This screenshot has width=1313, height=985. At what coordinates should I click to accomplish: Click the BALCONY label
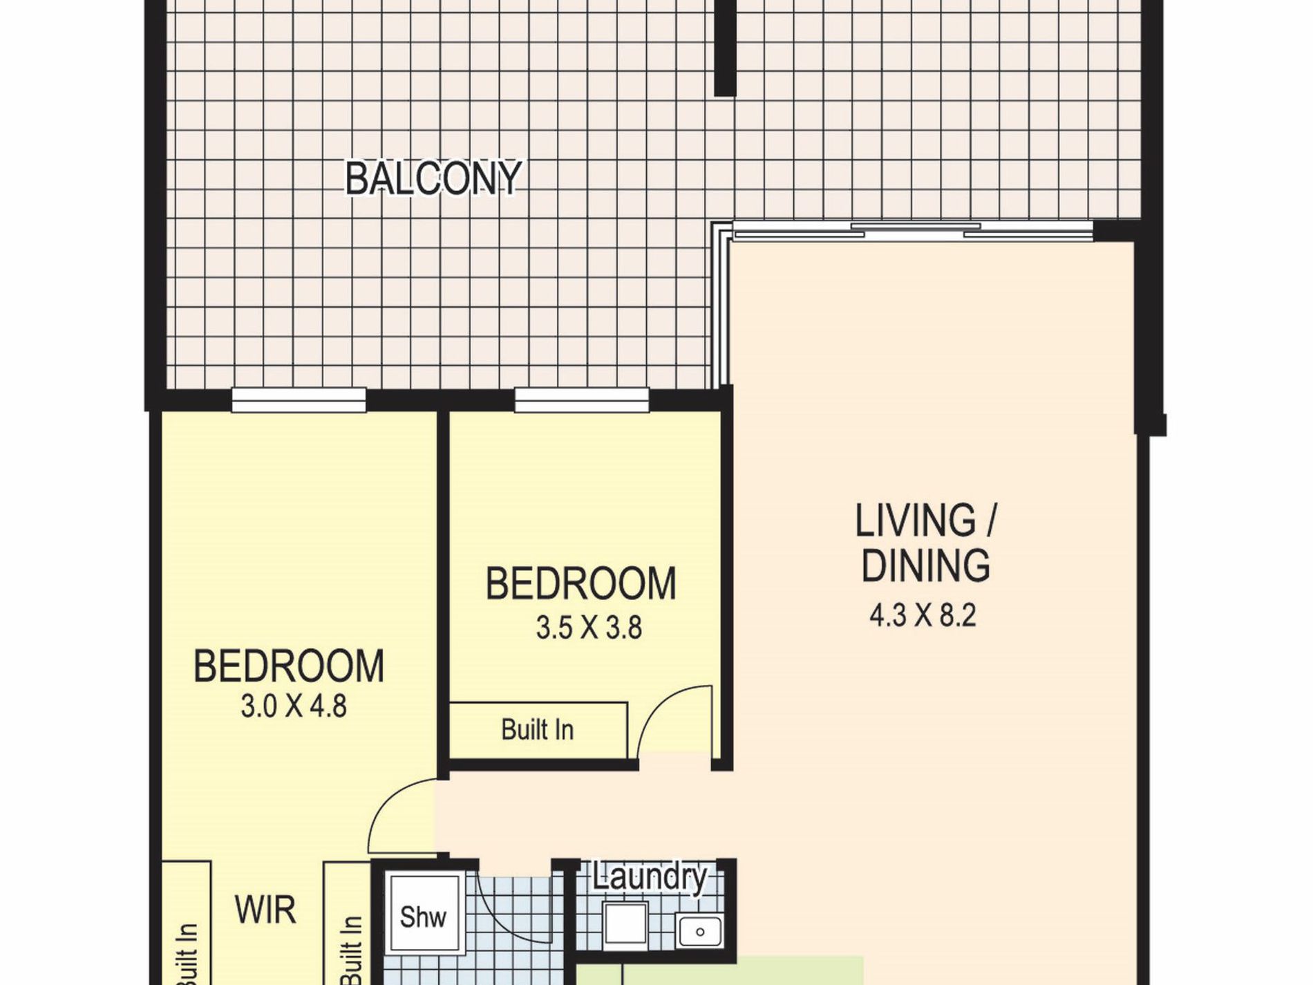(433, 178)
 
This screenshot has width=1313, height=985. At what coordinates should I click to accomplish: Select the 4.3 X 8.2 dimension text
(923, 615)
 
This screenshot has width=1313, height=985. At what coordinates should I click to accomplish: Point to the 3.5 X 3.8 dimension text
(589, 628)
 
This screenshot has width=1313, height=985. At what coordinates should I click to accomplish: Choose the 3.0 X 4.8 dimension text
(294, 706)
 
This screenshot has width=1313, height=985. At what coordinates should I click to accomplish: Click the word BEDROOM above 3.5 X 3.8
(581, 583)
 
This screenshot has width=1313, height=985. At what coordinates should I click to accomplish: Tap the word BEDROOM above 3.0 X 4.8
(289, 666)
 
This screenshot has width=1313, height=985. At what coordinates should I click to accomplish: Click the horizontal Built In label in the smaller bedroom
(538, 730)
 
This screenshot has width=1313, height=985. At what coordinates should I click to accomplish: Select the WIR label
(266, 910)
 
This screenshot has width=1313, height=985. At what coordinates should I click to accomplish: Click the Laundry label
(650, 878)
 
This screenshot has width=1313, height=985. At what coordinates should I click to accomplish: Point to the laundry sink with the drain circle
(699, 931)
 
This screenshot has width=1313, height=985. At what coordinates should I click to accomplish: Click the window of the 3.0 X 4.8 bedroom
(299, 400)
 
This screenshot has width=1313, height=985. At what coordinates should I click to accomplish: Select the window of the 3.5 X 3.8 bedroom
(582, 400)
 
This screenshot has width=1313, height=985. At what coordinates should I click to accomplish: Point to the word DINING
(925, 565)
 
